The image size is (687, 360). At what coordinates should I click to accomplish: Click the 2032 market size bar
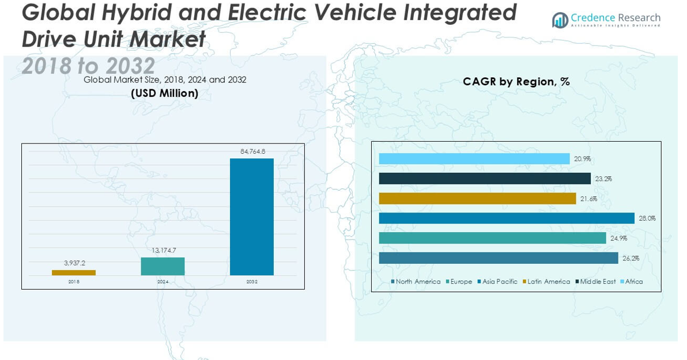(252, 217)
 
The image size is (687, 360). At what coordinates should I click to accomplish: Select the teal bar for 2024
(163, 266)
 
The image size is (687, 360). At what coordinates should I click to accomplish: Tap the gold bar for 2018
(74, 272)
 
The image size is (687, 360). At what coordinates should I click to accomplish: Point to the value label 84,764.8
(252, 151)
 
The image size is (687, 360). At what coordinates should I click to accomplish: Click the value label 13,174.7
(163, 251)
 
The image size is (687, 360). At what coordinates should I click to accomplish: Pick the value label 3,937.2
(74, 263)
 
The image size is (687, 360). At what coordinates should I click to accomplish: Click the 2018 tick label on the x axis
(74, 282)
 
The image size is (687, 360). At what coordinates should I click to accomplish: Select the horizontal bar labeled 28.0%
(507, 218)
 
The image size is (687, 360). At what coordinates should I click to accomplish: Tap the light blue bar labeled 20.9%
(474, 159)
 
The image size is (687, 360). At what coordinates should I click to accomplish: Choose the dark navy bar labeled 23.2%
(485, 179)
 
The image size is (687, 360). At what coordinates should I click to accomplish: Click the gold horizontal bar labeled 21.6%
(477, 199)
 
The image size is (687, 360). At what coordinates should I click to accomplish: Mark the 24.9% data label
(619, 238)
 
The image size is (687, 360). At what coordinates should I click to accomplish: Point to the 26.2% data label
(631, 259)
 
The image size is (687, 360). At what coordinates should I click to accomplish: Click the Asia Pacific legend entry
(497, 282)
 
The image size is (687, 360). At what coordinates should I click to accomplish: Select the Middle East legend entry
(595, 282)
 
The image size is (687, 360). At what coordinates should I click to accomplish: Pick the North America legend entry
(416, 282)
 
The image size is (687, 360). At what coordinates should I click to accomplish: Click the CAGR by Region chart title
(516, 82)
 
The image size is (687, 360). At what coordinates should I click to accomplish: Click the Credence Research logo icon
(560, 21)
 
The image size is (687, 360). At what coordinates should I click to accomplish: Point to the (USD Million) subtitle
(165, 93)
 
